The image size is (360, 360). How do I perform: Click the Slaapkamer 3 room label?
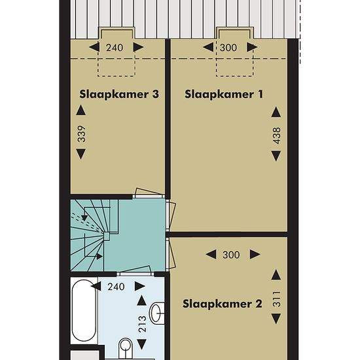click(x=119, y=94)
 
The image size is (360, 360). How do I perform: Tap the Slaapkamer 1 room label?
click(x=224, y=94)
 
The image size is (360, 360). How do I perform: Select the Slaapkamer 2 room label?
click(x=223, y=304)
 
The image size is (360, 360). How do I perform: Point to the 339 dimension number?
click(x=82, y=134)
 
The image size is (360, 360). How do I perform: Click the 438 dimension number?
click(x=277, y=135)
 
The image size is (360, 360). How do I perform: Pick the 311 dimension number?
click(x=277, y=299)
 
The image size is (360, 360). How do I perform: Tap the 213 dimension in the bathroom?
click(x=142, y=324)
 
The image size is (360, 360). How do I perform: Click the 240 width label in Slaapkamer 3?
click(x=115, y=48)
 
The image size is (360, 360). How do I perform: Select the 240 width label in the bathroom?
click(x=116, y=287)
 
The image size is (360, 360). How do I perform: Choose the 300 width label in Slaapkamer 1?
click(x=228, y=48)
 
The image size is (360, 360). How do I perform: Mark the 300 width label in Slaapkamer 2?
click(x=231, y=255)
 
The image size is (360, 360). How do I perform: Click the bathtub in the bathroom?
click(x=84, y=312)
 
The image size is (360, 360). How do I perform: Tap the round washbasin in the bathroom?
click(x=157, y=313)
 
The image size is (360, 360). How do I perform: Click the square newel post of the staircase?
click(x=107, y=236)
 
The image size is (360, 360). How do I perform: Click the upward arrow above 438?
click(x=276, y=112)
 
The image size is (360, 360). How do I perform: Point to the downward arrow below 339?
click(x=81, y=154)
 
